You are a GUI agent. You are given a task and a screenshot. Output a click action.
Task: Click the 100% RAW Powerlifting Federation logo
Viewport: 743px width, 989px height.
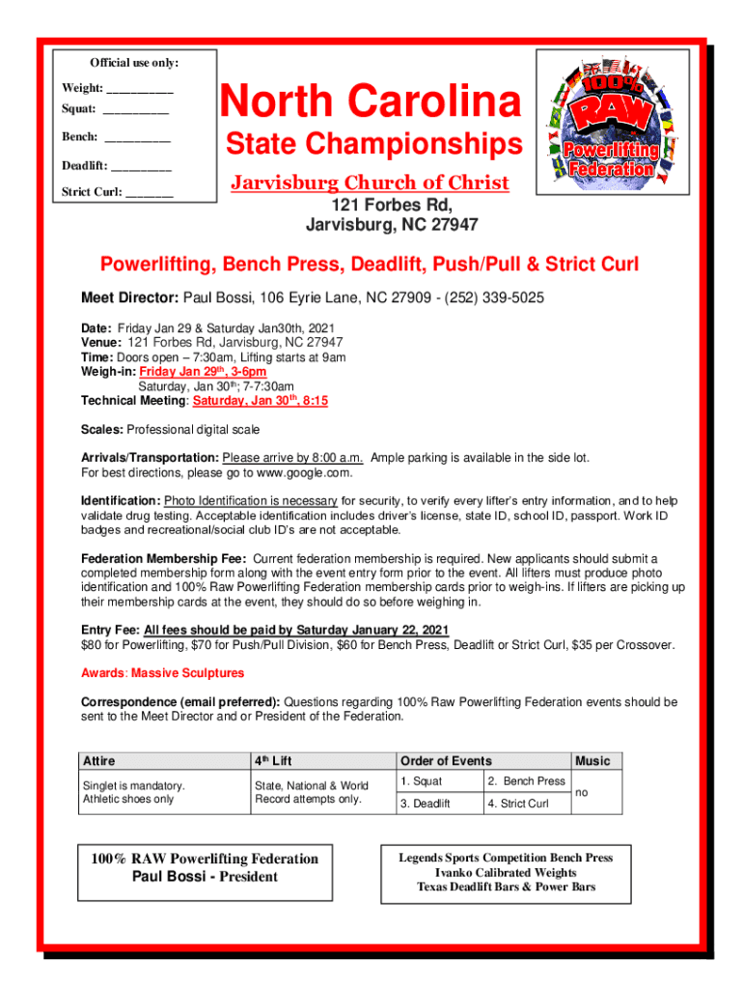(611, 123)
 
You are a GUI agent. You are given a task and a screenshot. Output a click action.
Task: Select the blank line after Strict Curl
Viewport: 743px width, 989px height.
(150, 192)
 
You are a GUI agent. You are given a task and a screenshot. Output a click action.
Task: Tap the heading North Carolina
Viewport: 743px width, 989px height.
(371, 102)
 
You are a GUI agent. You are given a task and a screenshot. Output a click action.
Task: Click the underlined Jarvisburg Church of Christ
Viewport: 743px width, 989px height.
(369, 183)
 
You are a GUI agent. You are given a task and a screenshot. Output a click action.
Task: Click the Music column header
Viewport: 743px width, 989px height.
(592, 761)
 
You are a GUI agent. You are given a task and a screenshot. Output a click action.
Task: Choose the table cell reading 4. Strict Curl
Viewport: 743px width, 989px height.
(517, 804)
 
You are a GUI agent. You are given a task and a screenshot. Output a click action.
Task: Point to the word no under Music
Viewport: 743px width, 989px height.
(582, 792)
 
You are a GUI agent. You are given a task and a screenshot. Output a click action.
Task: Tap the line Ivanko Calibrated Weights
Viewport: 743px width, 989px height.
(506, 872)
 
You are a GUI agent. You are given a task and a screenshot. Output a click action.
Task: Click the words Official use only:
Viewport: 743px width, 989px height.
(134, 63)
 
